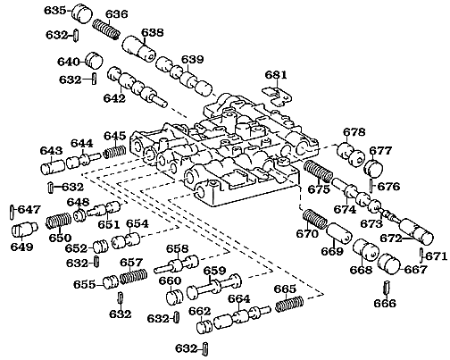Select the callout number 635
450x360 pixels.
tap(55, 11)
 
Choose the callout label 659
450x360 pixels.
tap(214, 271)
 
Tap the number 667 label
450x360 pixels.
tap(416, 269)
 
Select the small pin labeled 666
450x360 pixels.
tap(386, 289)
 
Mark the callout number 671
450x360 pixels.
tap(434, 256)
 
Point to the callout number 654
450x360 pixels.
tap(137, 223)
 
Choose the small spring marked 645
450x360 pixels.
tap(113, 152)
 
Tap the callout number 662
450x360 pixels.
tap(199, 311)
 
